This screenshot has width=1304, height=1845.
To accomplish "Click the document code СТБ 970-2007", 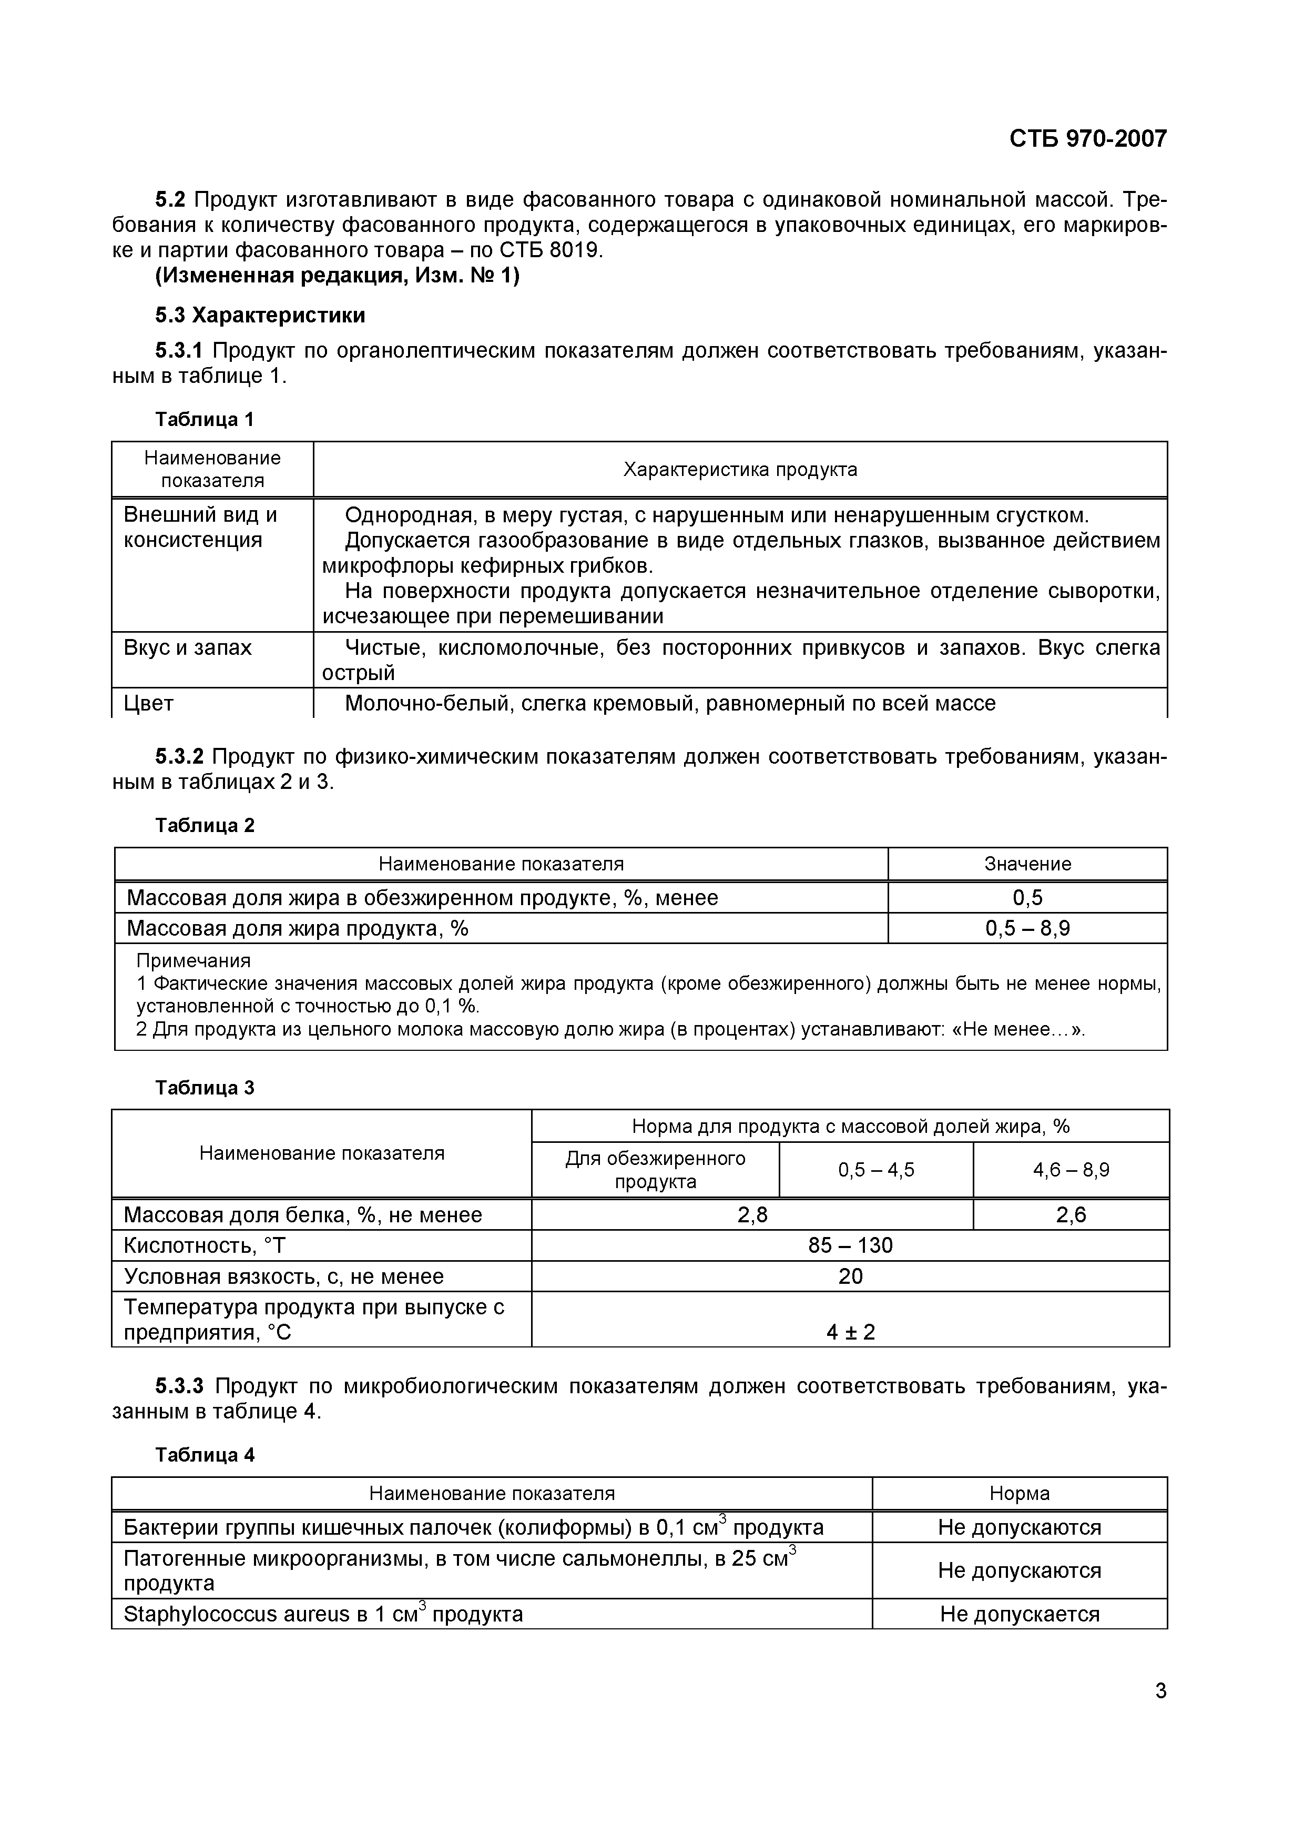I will [1087, 139].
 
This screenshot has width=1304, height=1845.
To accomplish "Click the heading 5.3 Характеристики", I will [260, 315].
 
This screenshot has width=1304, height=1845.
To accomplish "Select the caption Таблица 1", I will [204, 420].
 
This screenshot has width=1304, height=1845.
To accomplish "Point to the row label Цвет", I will [149, 703].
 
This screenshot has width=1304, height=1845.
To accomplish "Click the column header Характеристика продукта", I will [740, 469].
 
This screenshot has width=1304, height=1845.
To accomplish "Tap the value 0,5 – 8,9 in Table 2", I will [1027, 928].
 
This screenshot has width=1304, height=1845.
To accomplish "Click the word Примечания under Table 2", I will [193, 960].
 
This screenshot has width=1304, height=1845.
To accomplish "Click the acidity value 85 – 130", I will [850, 1245].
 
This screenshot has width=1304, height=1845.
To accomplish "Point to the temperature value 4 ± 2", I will [850, 1332].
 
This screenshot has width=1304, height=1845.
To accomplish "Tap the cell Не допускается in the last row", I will [1019, 1615].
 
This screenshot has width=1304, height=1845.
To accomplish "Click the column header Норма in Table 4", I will [1019, 1493].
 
